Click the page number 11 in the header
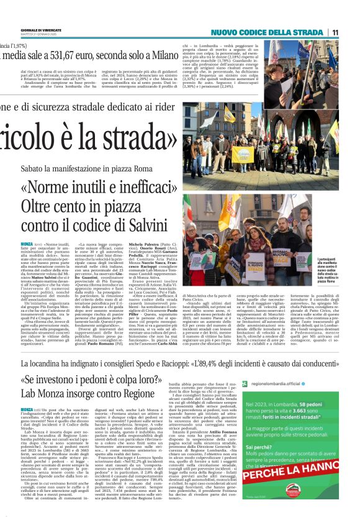tap(335, 32)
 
